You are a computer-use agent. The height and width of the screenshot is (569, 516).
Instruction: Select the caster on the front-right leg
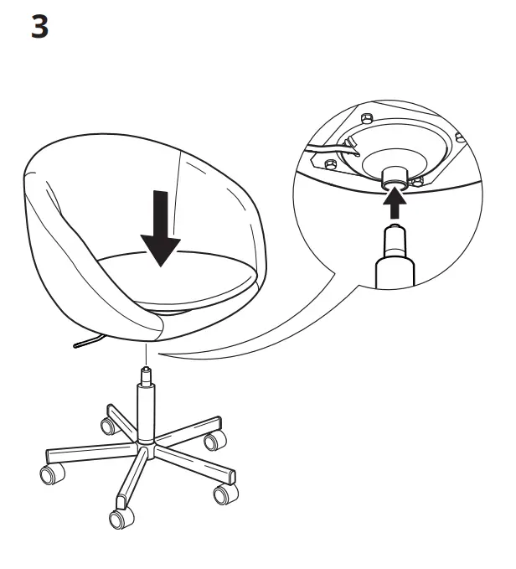click(x=224, y=494)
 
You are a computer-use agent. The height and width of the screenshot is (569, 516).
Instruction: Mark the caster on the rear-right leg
click(x=215, y=439)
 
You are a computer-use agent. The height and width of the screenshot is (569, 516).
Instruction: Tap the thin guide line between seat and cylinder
click(x=147, y=352)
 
